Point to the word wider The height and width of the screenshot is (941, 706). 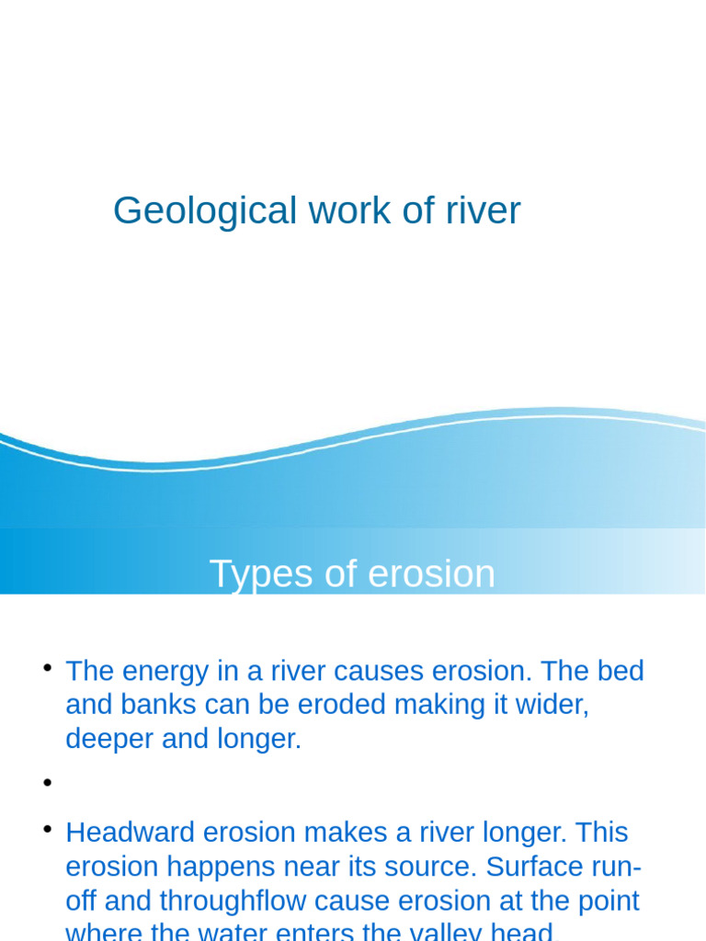click(550, 705)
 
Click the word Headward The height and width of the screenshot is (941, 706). click(130, 833)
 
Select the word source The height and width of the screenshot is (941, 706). click(426, 867)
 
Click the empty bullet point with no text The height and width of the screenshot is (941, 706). click(43, 783)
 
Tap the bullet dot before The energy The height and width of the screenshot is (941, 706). click(43, 667)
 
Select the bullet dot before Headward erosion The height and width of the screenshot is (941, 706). click(43, 830)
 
